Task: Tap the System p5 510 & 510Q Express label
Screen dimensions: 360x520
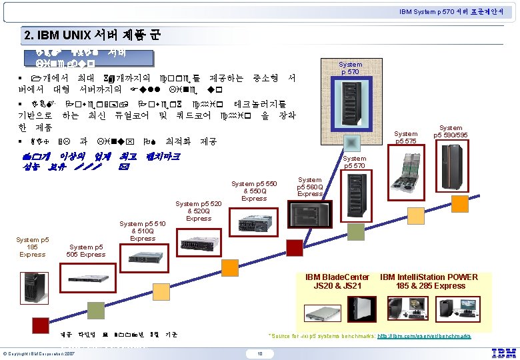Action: (x=143, y=231)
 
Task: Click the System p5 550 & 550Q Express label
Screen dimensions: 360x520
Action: (x=254, y=191)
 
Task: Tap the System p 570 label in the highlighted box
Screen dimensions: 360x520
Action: (x=350, y=68)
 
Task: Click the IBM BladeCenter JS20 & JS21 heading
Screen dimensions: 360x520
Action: (x=337, y=281)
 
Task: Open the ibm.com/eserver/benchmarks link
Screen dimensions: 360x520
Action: (x=424, y=336)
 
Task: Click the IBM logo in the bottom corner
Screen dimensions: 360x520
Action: (x=503, y=353)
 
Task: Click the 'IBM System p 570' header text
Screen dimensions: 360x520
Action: (x=456, y=11)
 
